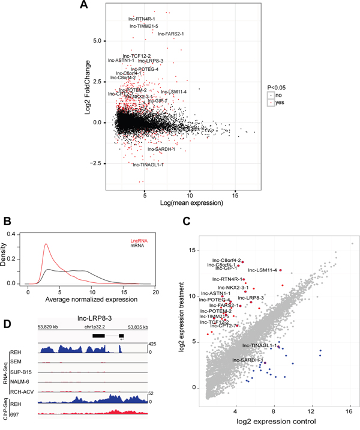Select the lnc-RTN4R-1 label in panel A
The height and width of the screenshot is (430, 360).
[142, 19]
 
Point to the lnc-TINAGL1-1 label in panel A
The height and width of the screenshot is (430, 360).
[148, 164]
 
